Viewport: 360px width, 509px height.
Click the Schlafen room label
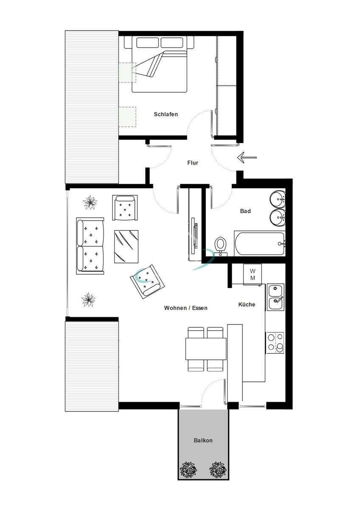(x=166, y=114)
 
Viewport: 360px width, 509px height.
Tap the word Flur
(x=193, y=162)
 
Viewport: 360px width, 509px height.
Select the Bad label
(x=245, y=211)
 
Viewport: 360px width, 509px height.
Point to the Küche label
(x=247, y=304)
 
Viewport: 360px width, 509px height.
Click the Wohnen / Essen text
(x=186, y=308)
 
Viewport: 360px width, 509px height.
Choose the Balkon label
(x=203, y=440)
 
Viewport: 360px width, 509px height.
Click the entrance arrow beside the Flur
(x=247, y=158)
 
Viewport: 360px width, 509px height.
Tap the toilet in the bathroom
(x=220, y=246)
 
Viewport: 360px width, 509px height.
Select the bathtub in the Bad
(x=259, y=243)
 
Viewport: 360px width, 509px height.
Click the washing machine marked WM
(x=253, y=274)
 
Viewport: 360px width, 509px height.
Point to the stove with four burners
(x=275, y=342)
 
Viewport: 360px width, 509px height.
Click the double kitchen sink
(x=276, y=297)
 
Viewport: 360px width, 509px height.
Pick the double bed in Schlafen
(x=159, y=64)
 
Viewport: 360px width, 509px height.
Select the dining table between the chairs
(x=205, y=349)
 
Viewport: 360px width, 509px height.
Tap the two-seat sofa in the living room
(x=90, y=246)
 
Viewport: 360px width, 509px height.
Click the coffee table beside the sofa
(x=126, y=246)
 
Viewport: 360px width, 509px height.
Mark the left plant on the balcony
(x=188, y=470)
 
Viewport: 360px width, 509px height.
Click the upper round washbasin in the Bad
(x=278, y=198)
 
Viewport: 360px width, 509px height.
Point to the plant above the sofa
(x=90, y=202)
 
